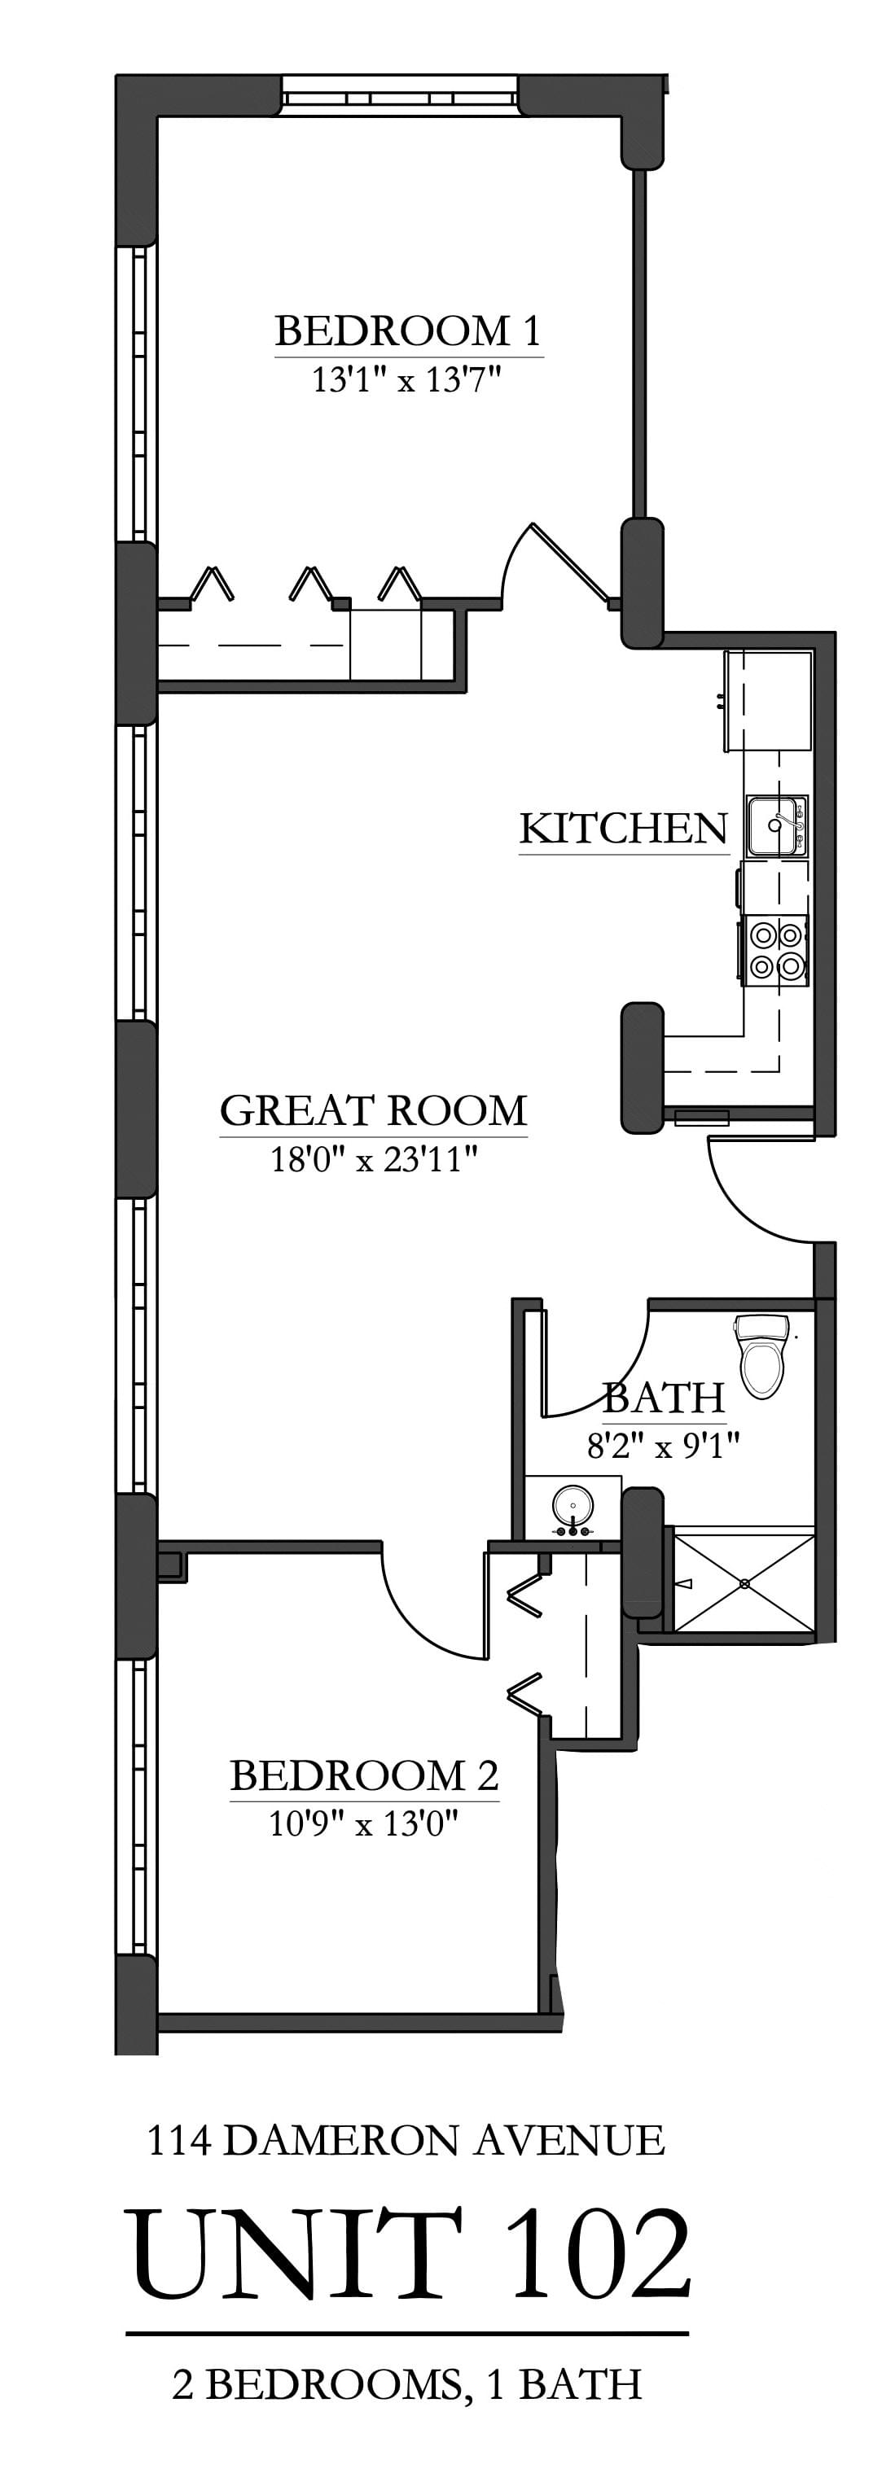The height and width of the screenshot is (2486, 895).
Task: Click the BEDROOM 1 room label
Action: (407, 331)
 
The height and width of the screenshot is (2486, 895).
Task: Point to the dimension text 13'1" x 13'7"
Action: (407, 380)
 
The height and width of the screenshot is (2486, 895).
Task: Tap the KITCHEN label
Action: (623, 829)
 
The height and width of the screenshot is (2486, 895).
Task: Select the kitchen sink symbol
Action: (775, 826)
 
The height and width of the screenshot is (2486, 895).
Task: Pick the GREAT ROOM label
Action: (374, 1111)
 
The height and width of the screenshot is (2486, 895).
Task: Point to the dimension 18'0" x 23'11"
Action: (374, 1159)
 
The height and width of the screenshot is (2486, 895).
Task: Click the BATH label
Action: (663, 1398)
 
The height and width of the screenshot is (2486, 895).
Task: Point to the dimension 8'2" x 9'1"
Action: (663, 1446)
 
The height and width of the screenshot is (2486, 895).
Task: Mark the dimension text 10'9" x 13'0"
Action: (363, 1824)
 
